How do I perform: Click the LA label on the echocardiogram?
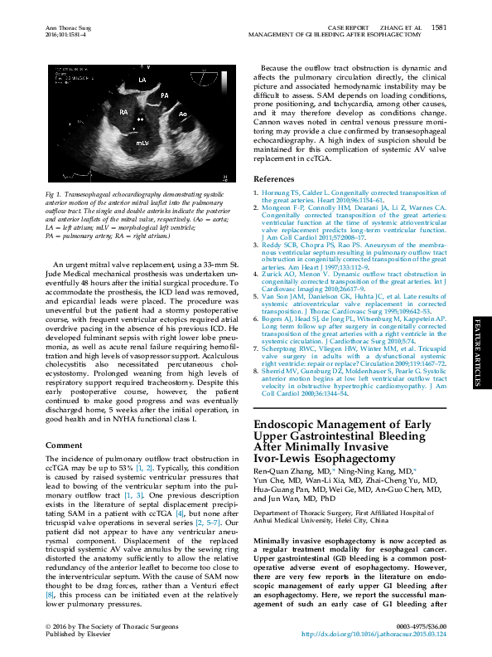click(x=142, y=80)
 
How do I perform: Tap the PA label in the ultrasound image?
click(x=165, y=96)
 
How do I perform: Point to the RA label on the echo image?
click(x=123, y=111)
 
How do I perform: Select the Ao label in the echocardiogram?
click(x=183, y=114)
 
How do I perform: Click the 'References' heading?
click(x=273, y=178)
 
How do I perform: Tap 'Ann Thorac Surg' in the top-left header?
click(x=67, y=27)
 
